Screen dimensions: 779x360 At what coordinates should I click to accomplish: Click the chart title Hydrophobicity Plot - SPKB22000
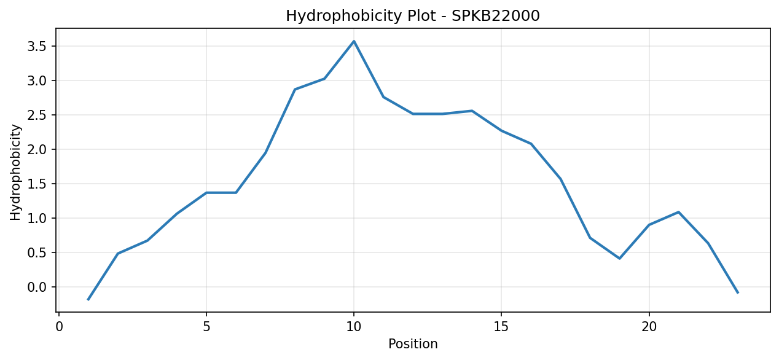[413, 16]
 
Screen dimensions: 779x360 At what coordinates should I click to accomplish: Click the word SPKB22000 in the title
[496, 16]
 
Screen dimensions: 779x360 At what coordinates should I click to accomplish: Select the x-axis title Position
[413, 344]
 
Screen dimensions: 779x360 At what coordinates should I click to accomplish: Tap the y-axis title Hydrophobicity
[15, 173]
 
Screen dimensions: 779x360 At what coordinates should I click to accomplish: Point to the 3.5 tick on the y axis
[37, 46]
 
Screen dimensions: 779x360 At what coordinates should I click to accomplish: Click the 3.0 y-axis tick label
[37, 80]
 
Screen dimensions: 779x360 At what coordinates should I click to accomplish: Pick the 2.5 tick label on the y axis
[37, 115]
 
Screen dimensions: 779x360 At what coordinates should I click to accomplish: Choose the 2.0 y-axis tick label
[37, 149]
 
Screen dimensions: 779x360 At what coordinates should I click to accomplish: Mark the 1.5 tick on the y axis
[37, 184]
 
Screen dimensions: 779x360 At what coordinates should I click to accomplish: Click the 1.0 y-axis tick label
[37, 219]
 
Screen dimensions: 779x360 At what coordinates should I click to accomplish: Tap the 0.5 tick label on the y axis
[37, 253]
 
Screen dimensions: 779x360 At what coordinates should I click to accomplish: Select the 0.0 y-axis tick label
[37, 288]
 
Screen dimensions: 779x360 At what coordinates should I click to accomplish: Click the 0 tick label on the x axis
[59, 327]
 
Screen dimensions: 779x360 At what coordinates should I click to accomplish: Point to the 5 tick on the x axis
[206, 327]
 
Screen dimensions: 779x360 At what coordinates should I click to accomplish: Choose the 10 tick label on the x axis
[354, 327]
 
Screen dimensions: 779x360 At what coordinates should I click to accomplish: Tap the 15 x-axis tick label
[501, 327]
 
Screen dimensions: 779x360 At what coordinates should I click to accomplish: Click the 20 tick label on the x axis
[649, 327]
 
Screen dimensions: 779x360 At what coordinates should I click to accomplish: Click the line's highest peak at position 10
[354, 41]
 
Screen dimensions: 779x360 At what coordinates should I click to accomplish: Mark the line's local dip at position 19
[619, 259]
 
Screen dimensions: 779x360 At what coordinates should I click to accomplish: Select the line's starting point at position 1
[88, 299]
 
